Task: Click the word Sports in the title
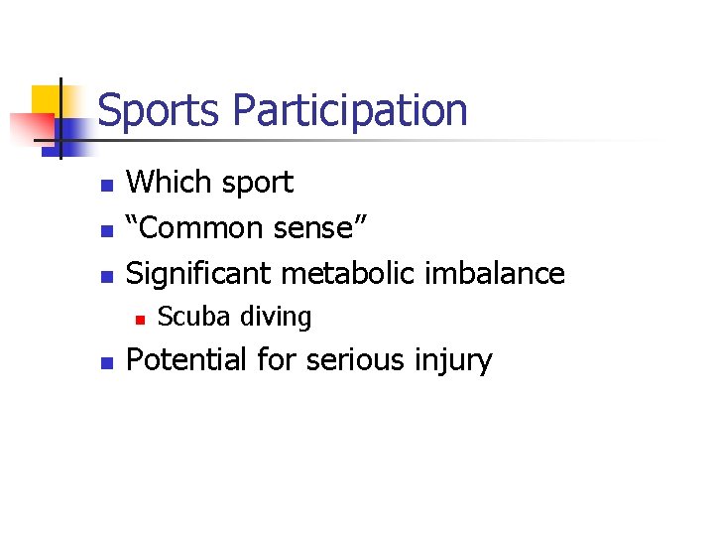(x=160, y=110)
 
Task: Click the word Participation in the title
(x=349, y=110)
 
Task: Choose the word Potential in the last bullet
(x=187, y=359)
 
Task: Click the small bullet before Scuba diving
(x=141, y=319)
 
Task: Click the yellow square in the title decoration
(x=47, y=100)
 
